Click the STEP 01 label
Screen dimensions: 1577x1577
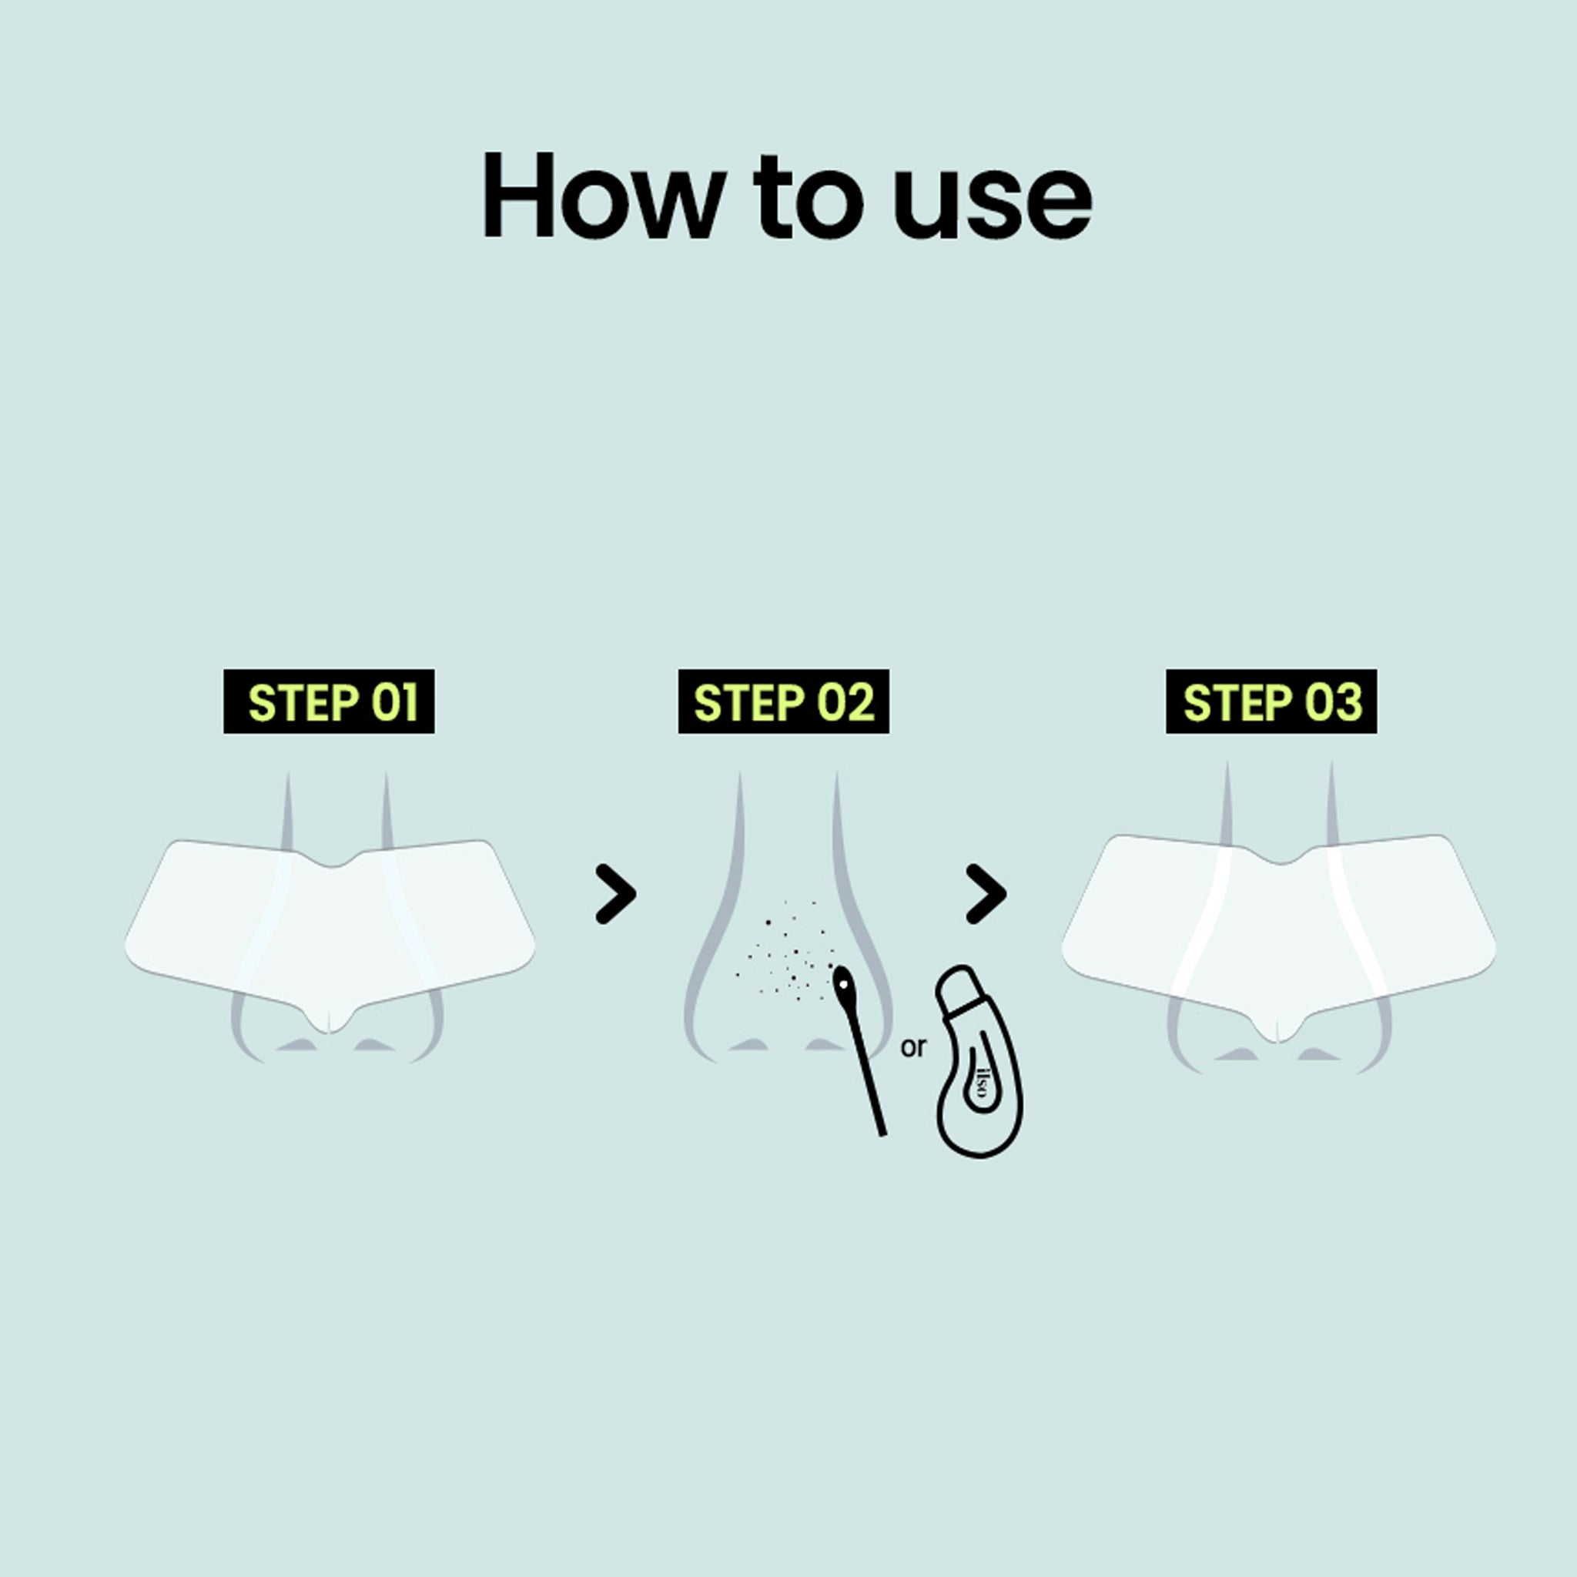(329, 702)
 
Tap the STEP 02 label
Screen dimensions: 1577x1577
(784, 702)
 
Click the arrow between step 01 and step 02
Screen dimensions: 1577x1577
(615, 895)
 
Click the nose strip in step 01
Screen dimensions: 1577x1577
(330, 930)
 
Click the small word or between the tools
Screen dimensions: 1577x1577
(913, 1046)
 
